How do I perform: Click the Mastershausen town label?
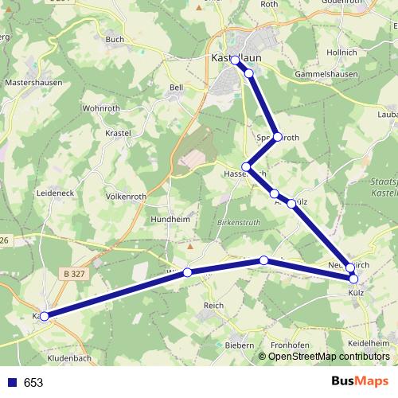(33, 82)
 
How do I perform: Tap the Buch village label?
(115, 39)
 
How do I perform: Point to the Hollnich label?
(341, 53)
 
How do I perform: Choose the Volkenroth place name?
(126, 196)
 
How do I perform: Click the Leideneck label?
(55, 193)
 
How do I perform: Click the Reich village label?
(214, 306)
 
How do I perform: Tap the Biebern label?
(238, 345)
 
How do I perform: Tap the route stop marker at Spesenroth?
(277, 137)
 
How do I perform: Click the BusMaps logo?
(359, 382)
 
